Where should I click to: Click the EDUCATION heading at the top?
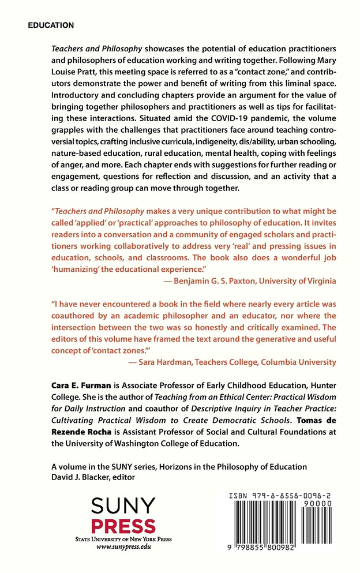click(x=51, y=26)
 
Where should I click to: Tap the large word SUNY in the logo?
click(x=125, y=506)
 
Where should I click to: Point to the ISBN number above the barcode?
click(x=283, y=496)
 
